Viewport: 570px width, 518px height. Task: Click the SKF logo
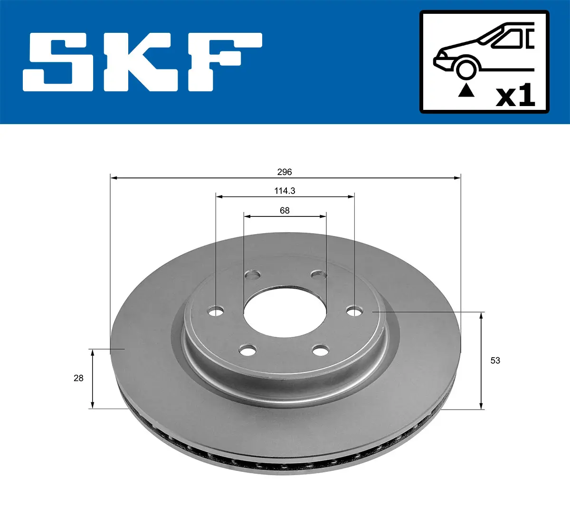tap(142, 62)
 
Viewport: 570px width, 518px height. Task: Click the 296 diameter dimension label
tap(285, 172)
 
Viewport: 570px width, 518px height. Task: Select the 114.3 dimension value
tap(285, 191)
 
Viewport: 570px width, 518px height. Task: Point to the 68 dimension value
tap(285, 210)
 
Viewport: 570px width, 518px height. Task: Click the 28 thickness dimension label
tap(78, 378)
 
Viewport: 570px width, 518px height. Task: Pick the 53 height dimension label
tap(495, 361)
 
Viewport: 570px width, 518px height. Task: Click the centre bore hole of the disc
tap(285, 312)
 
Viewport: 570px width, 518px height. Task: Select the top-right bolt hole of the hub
tap(319, 274)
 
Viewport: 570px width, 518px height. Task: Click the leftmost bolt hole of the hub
tap(216, 312)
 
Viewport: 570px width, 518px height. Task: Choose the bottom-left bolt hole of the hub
tap(247, 352)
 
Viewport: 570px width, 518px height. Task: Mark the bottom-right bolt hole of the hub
tap(321, 351)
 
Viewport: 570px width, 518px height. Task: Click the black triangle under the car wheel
tap(466, 90)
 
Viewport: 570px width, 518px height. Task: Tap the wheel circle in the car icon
tap(466, 68)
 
